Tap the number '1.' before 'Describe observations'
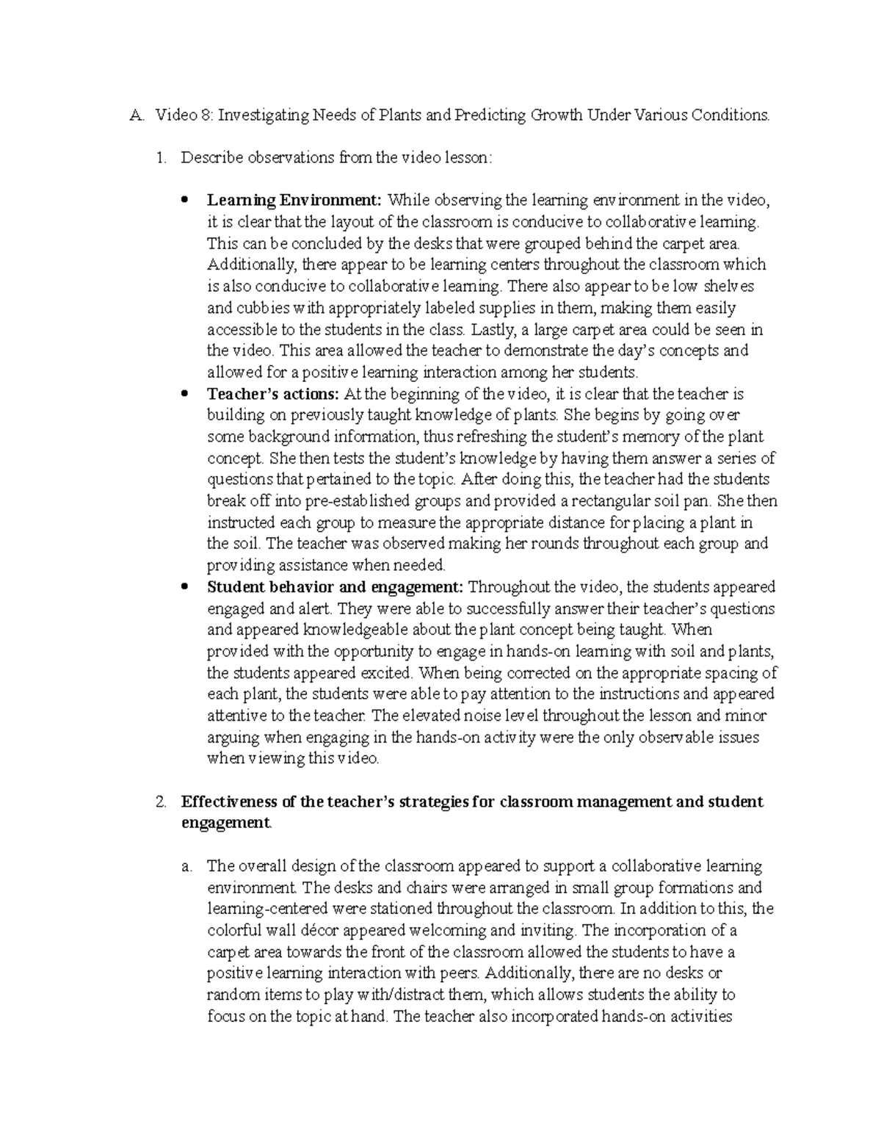point(162,157)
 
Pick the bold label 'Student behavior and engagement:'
point(336,587)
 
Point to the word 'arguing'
point(233,737)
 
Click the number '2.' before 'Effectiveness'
point(162,802)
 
